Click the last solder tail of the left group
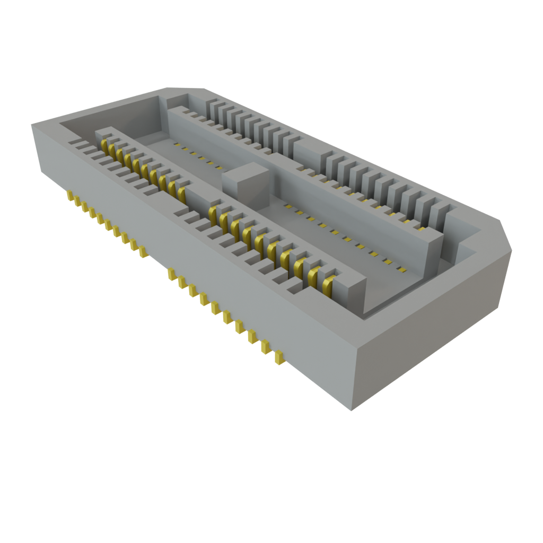(x=142, y=252)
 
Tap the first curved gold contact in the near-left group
(x=105, y=146)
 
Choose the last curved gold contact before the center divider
(x=182, y=194)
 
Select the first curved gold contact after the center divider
(x=213, y=213)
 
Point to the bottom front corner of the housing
(x=351, y=409)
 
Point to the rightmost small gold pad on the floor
(x=401, y=269)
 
